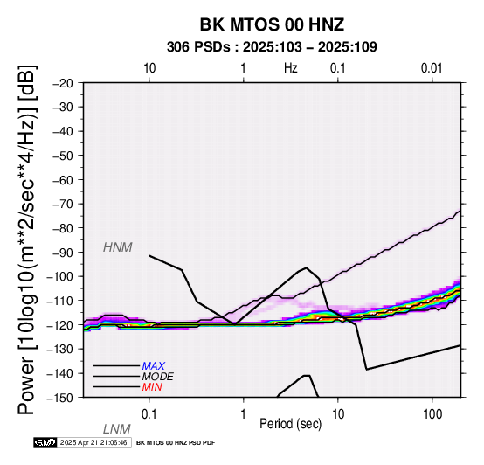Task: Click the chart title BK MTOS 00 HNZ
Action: tap(272, 24)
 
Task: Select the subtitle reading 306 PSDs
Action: tap(198, 47)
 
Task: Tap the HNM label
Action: tap(118, 247)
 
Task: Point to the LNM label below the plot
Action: tap(117, 429)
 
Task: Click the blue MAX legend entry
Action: tap(154, 366)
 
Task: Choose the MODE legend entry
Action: tap(157, 377)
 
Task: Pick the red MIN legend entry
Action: tap(152, 387)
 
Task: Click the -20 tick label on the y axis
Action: tap(63, 83)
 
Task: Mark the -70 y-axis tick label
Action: tap(63, 205)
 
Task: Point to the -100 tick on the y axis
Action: tap(60, 276)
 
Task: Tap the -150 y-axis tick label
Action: tap(60, 398)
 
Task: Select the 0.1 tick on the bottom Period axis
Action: tap(149, 414)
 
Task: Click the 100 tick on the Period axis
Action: tap(432, 414)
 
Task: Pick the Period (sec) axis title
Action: tap(290, 424)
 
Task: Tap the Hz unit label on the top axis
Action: tap(290, 68)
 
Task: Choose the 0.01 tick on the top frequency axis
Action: tap(432, 68)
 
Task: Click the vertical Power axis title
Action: tap(27, 239)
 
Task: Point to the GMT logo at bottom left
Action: tap(45, 442)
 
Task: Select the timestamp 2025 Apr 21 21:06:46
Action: tap(93, 443)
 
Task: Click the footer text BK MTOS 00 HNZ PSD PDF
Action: tap(176, 443)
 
